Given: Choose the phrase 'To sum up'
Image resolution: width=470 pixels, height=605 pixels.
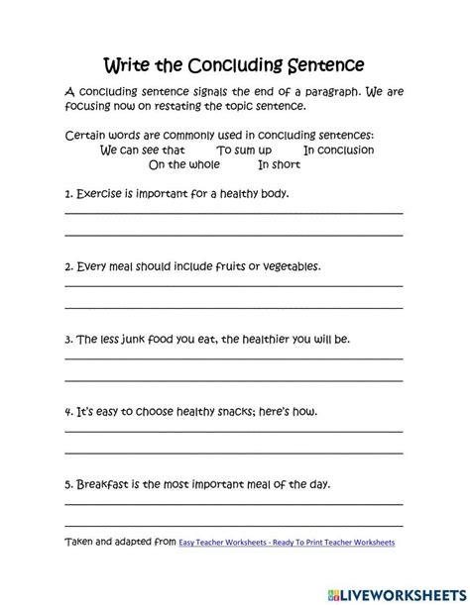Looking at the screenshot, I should pos(244,151).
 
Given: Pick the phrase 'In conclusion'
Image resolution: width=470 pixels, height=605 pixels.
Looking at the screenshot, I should pos(338,151).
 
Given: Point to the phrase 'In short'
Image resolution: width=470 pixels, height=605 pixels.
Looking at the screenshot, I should pos(280,165).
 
